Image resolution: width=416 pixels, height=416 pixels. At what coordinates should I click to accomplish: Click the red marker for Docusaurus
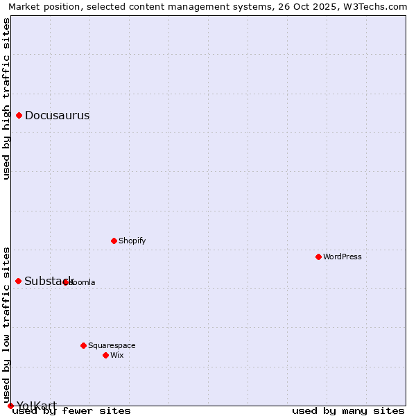point(19,116)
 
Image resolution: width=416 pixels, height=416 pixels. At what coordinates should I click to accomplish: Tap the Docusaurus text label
point(57,116)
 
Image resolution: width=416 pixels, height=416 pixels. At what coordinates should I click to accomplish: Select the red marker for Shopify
point(114,241)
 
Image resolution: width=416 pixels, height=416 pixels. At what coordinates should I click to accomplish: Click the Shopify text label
point(132,241)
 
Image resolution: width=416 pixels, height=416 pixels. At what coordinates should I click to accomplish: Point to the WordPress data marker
point(318,257)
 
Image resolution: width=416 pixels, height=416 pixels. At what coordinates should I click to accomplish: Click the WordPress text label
point(343,257)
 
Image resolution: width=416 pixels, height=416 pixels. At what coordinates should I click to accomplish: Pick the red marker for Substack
point(19,281)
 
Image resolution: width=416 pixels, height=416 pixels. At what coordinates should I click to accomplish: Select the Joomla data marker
point(66,282)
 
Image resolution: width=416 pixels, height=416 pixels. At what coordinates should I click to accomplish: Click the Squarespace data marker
point(83,345)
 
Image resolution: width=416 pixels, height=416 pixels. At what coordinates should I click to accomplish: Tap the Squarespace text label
point(112,345)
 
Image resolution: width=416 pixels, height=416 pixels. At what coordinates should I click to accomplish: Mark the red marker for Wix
point(105,355)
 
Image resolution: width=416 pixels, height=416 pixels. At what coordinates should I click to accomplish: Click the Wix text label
point(117,356)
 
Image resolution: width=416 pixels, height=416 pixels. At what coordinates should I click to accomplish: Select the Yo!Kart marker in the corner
point(10,406)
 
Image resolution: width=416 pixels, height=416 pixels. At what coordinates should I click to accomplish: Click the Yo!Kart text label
point(36,406)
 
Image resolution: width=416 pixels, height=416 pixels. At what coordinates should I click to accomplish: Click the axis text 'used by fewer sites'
point(71,411)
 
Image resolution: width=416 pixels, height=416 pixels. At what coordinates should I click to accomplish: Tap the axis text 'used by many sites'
point(348,411)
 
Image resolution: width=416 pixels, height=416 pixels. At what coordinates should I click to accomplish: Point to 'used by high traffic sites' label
point(7,98)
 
